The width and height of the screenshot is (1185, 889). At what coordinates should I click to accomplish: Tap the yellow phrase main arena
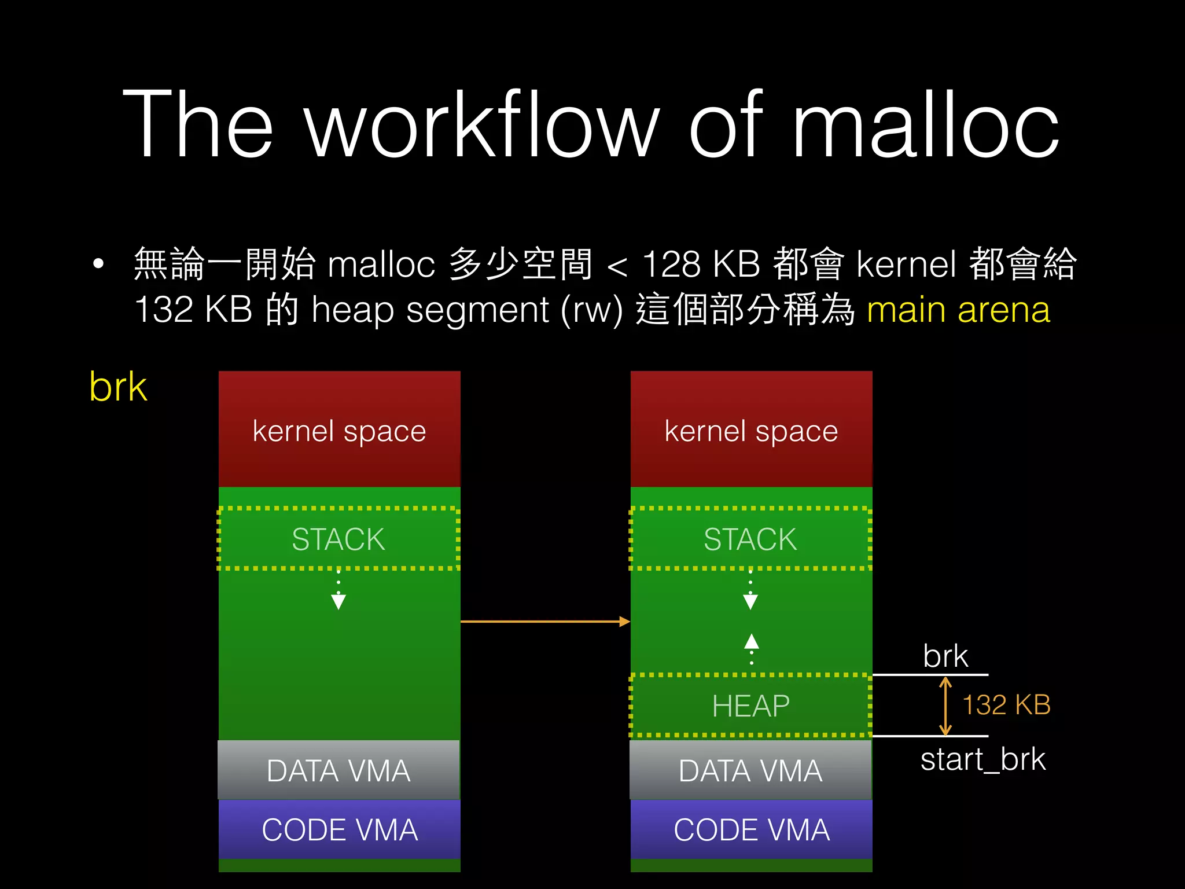958,310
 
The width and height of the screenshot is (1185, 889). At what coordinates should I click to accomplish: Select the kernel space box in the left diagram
340,430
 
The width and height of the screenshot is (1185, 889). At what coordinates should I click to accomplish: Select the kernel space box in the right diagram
751,430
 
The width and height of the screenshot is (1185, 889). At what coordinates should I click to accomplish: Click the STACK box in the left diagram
338,539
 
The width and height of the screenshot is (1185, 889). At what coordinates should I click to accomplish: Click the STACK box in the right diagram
750,539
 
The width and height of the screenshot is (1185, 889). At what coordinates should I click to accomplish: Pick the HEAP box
750,706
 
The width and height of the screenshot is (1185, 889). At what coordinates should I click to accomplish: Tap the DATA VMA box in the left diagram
338,770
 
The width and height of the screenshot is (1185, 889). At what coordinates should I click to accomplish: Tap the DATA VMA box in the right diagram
750,770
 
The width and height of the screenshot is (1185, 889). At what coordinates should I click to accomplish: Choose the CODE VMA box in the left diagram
340,829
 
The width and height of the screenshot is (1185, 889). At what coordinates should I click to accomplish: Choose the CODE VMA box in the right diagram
752,829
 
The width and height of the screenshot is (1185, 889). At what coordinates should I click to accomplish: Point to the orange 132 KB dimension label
1006,705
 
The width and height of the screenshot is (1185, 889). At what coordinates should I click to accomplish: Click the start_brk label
982,759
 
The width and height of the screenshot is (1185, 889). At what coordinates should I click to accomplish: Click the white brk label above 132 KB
945,656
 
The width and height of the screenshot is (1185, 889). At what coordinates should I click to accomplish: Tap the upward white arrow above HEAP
751,642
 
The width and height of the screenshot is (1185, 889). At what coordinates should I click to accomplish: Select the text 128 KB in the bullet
701,264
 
